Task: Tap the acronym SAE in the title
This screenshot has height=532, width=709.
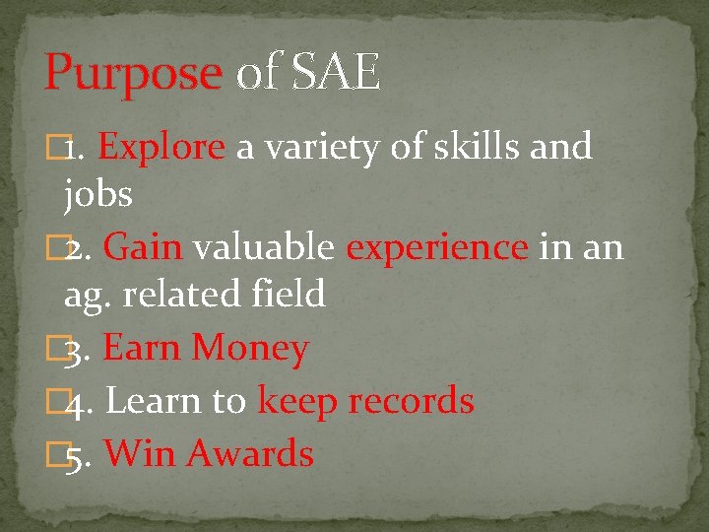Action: (x=337, y=74)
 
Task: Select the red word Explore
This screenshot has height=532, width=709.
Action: (x=162, y=147)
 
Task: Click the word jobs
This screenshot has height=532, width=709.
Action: (x=97, y=194)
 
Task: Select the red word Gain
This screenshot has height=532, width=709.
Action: (x=143, y=247)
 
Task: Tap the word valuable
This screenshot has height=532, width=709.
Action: (x=263, y=247)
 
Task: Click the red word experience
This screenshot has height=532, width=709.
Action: (x=437, y=247)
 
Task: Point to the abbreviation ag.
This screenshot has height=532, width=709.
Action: (x=87, y=296)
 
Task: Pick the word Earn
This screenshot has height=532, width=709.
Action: (x=143, y=348)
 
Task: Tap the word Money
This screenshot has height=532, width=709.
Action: (x=250, y=349)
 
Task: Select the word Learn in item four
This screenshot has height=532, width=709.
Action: (x=154, y=401)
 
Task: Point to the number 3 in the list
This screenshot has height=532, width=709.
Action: (x=75, y=349)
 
